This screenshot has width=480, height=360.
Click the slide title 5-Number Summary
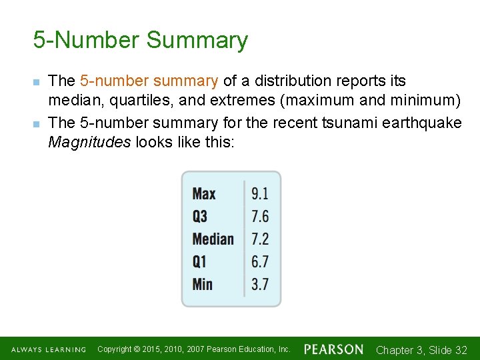click(140, 40)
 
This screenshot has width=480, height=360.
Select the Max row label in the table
click(204, 194)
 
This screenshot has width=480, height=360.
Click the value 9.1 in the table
click(260, 194)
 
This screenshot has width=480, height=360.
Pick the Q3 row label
click(200, 217)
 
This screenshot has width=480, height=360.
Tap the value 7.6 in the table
click(260, 217)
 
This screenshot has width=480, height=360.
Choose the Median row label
click(213, 239)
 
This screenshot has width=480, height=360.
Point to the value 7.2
click(260, 239)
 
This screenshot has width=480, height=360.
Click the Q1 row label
click(200, 262)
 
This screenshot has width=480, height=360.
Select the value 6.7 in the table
click(260, 262)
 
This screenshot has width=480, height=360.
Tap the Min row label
click(203, 285)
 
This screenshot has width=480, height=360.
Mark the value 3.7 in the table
click(260, 285)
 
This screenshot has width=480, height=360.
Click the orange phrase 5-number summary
click(149, 81)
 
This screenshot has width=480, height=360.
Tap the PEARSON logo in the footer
click(333, 349)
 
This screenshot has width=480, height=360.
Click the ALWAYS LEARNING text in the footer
click(48, 350)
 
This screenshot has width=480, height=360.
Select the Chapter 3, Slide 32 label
click(421, 350)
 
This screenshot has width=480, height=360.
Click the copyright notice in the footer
click(194, 349)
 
